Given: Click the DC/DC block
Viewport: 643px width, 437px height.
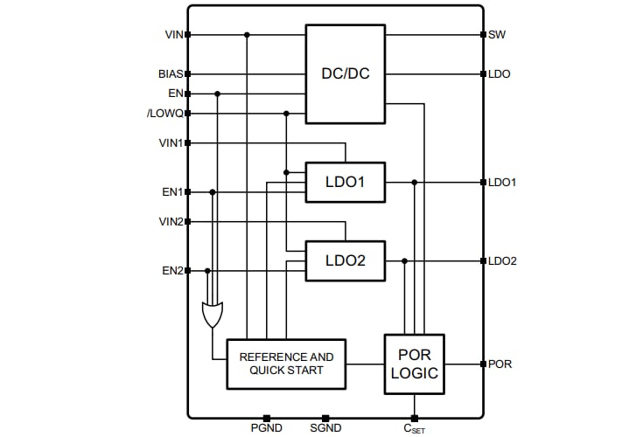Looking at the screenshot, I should pos(345,73).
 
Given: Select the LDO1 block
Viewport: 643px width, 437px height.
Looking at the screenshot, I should pos(345,183).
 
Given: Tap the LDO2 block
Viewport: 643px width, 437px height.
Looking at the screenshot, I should pos(345,260).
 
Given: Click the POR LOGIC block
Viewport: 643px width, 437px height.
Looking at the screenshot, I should pos(414,364).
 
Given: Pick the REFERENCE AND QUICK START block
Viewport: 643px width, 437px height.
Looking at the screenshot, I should pos(286,364).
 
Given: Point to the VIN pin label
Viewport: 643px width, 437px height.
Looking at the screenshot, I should pos(172,35).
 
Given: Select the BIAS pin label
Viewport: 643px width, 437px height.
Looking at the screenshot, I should pos(170,74).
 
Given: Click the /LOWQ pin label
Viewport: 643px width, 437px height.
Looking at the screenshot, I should pos(164,114).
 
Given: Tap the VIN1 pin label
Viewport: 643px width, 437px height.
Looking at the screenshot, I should pos(170,142).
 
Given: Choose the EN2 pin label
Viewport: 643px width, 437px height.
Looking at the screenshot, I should pos(171,271).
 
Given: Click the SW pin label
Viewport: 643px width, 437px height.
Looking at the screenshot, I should pos(497,35).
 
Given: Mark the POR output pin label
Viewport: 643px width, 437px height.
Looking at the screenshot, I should pos(500,364).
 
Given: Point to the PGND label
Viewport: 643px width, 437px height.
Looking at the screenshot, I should pos(266,428).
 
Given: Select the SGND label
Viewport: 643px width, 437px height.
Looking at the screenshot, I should pos(325,428).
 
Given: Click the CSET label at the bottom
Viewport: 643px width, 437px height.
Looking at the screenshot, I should pos(415,429).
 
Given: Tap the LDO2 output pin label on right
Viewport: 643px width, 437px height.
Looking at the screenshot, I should pos(502,261).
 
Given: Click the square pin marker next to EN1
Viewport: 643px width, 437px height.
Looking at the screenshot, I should pos(188,192).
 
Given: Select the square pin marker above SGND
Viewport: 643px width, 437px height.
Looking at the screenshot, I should pos(325,418).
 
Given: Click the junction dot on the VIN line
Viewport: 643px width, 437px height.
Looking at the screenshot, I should pos(247,35).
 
